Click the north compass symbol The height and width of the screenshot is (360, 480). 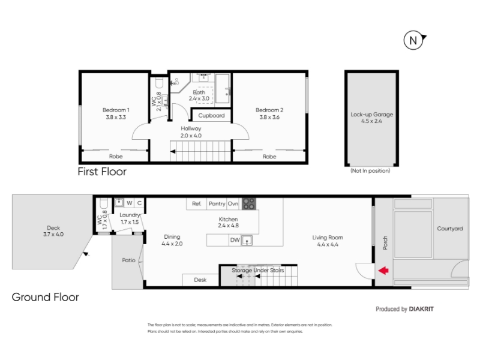click(x=414, y=40)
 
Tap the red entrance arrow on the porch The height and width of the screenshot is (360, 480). click(x=383, y=271)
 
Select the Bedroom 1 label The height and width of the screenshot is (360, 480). click(x=116, y=110)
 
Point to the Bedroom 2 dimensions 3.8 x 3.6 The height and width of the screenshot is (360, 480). click(x=269, y=117)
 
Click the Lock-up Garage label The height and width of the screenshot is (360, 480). click(x=371, y=114)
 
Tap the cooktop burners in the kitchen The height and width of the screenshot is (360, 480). click(x=248, y=204)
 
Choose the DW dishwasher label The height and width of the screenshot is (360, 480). click(x=235, y=240)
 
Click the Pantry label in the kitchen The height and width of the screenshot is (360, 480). click(x=217, y=203)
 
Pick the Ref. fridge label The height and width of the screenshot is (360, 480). click(x=197, y=203)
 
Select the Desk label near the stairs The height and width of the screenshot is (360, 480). click(x=200, y=280)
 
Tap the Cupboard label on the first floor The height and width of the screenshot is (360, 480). click(x=211, y=115)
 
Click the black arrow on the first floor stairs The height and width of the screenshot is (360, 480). click(x=173, y=151)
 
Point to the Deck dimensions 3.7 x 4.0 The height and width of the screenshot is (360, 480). click(x=53, y=235)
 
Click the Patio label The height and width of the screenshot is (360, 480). click(x=128, y=260)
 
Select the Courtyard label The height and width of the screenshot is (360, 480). click(x=449, y=229)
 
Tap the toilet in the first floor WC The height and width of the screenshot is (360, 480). click(x=159, y=83)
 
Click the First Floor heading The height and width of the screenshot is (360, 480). click(x=102, y=172)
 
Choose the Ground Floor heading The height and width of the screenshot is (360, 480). click(x=46, y=297)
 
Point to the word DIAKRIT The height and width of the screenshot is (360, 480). click(x=421, y=309)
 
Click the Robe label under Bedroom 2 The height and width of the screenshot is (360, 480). click(x=269, y=157)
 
